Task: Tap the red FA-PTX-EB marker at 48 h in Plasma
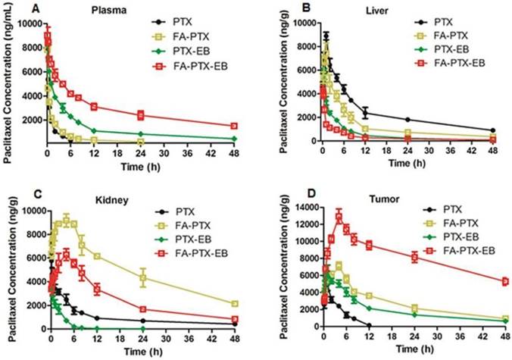click(x=235, y=126)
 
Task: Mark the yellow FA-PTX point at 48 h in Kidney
click(x=235, y=303)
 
